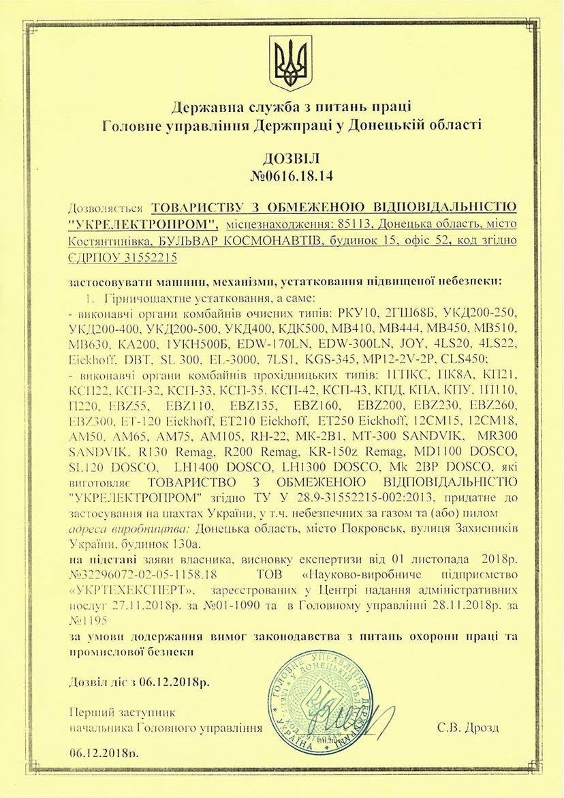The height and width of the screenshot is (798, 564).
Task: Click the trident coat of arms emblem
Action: pos(291,63)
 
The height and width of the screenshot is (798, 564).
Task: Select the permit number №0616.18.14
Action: pos(281,177)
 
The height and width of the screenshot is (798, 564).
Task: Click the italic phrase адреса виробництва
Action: pos(129,529)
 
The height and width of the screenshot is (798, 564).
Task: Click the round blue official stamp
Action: pos(319,703)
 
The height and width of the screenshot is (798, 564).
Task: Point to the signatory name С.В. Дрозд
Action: pos(469,728)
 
